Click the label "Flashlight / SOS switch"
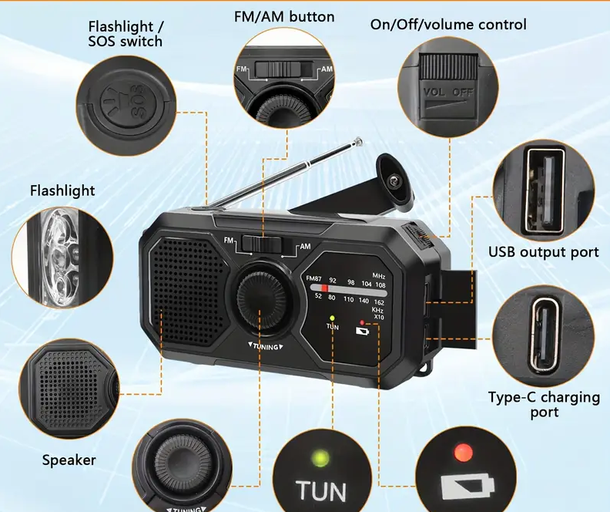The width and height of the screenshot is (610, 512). point(125,34)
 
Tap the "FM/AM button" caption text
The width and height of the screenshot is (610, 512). point(284,16)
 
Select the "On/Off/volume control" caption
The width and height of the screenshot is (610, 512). point(448,25)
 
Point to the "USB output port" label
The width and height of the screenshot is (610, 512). point(543,252)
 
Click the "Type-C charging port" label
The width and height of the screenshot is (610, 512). point(544,404)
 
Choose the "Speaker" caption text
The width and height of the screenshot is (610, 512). point(69,460)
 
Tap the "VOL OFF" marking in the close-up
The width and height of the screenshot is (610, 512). point(448,93)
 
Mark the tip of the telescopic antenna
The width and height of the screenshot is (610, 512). point(358,141)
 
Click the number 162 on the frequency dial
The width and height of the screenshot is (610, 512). point(379,301)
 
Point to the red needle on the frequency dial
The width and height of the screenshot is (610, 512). point(324,289)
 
